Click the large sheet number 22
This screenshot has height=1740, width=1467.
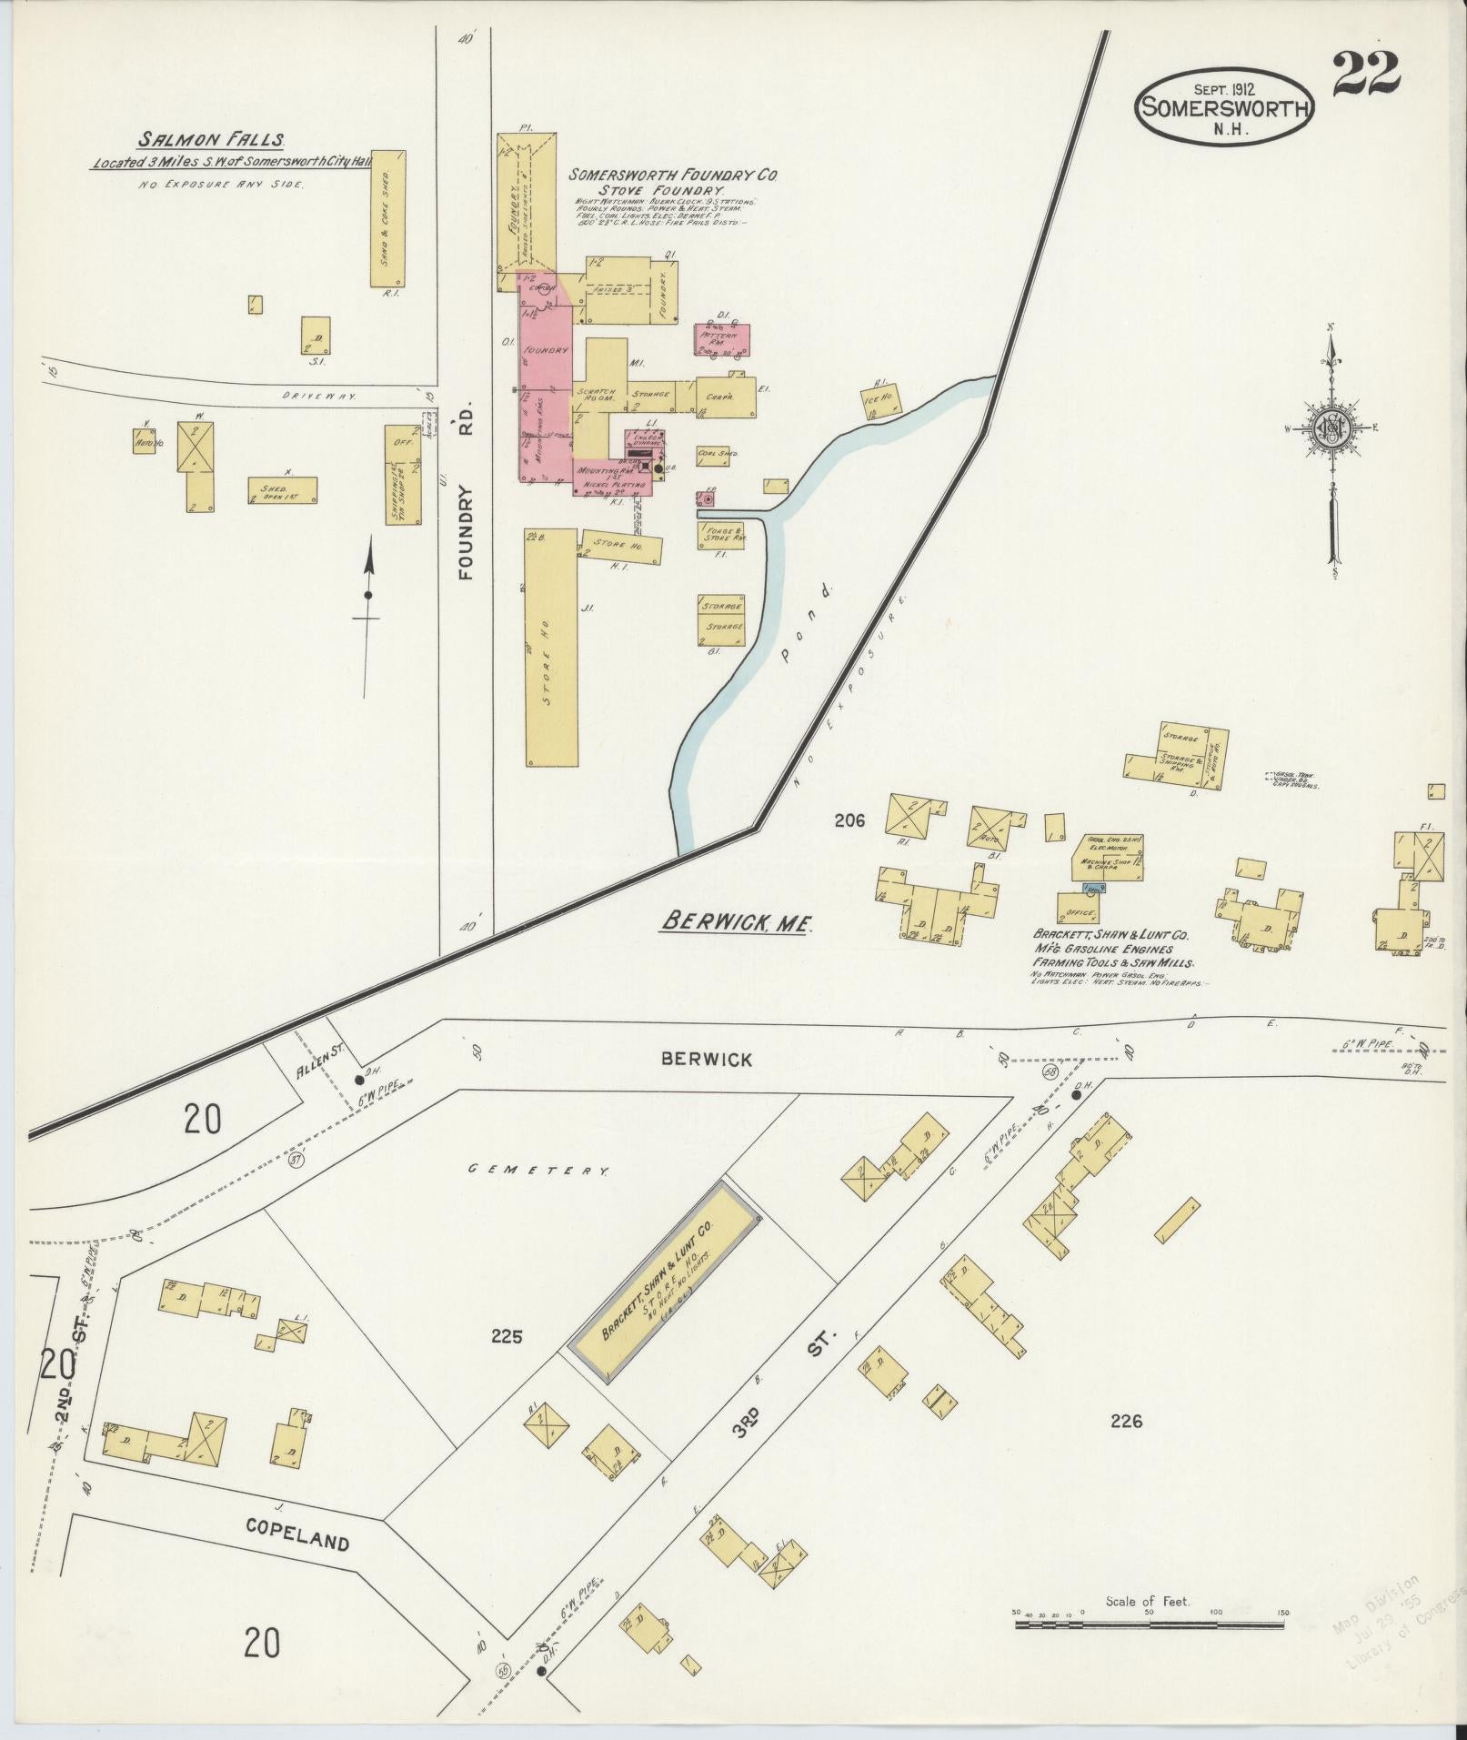[1365, 74]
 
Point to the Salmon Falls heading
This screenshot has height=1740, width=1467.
[212, 140]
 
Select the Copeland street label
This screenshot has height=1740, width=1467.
[296, 1539]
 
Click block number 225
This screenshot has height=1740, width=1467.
[507, 1336]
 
